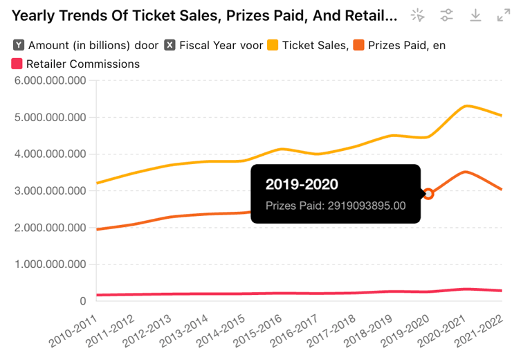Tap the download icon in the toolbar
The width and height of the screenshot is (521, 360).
475,15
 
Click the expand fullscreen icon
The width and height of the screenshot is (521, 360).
504,15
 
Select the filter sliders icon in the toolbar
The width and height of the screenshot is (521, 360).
447,15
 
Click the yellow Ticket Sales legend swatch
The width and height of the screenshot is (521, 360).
273,45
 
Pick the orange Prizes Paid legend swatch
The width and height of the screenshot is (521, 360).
358,45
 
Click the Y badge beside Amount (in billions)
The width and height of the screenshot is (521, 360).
19,45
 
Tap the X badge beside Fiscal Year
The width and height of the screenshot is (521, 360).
170,45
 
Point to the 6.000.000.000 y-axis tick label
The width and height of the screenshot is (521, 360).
46,81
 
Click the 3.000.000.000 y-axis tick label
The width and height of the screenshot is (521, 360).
46,191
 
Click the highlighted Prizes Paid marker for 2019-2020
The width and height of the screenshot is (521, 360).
429,194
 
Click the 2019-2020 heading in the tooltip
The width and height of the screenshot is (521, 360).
302,184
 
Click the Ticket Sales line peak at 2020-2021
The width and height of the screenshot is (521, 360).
468,106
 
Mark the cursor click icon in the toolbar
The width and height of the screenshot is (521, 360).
418,15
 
